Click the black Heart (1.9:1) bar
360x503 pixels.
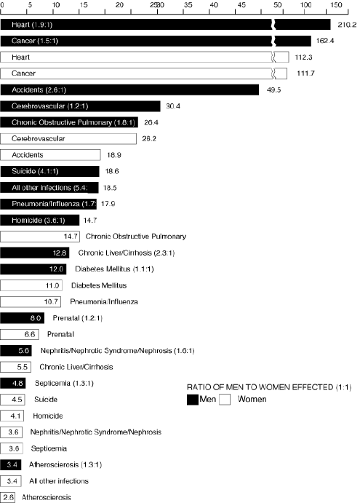(165, 24)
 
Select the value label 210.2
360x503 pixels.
(347, 25)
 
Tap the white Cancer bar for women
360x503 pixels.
(143, 74)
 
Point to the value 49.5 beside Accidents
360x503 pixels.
(273, 90)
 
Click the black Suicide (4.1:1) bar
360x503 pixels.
(49, 171)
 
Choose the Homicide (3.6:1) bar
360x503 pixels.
(40, 221)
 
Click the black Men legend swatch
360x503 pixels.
(193, 400)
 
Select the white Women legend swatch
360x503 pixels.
(225, 400)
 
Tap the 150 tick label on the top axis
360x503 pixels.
(336, 5)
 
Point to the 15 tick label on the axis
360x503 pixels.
(84, 5)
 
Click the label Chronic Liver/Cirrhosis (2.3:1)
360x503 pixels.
(127, 253)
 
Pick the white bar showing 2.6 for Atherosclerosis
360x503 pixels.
(8, 498)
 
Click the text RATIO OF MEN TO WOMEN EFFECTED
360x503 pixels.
(260, 387)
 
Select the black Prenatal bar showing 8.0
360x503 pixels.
(22, 318)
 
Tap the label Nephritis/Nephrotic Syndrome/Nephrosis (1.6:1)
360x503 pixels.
(117, 351)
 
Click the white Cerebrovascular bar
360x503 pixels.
(68, 138)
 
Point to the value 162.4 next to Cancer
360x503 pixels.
(325, 41)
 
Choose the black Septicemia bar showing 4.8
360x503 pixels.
(13, 384)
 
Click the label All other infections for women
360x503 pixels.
(59, 481)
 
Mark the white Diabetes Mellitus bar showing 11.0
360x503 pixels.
(31, 285)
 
